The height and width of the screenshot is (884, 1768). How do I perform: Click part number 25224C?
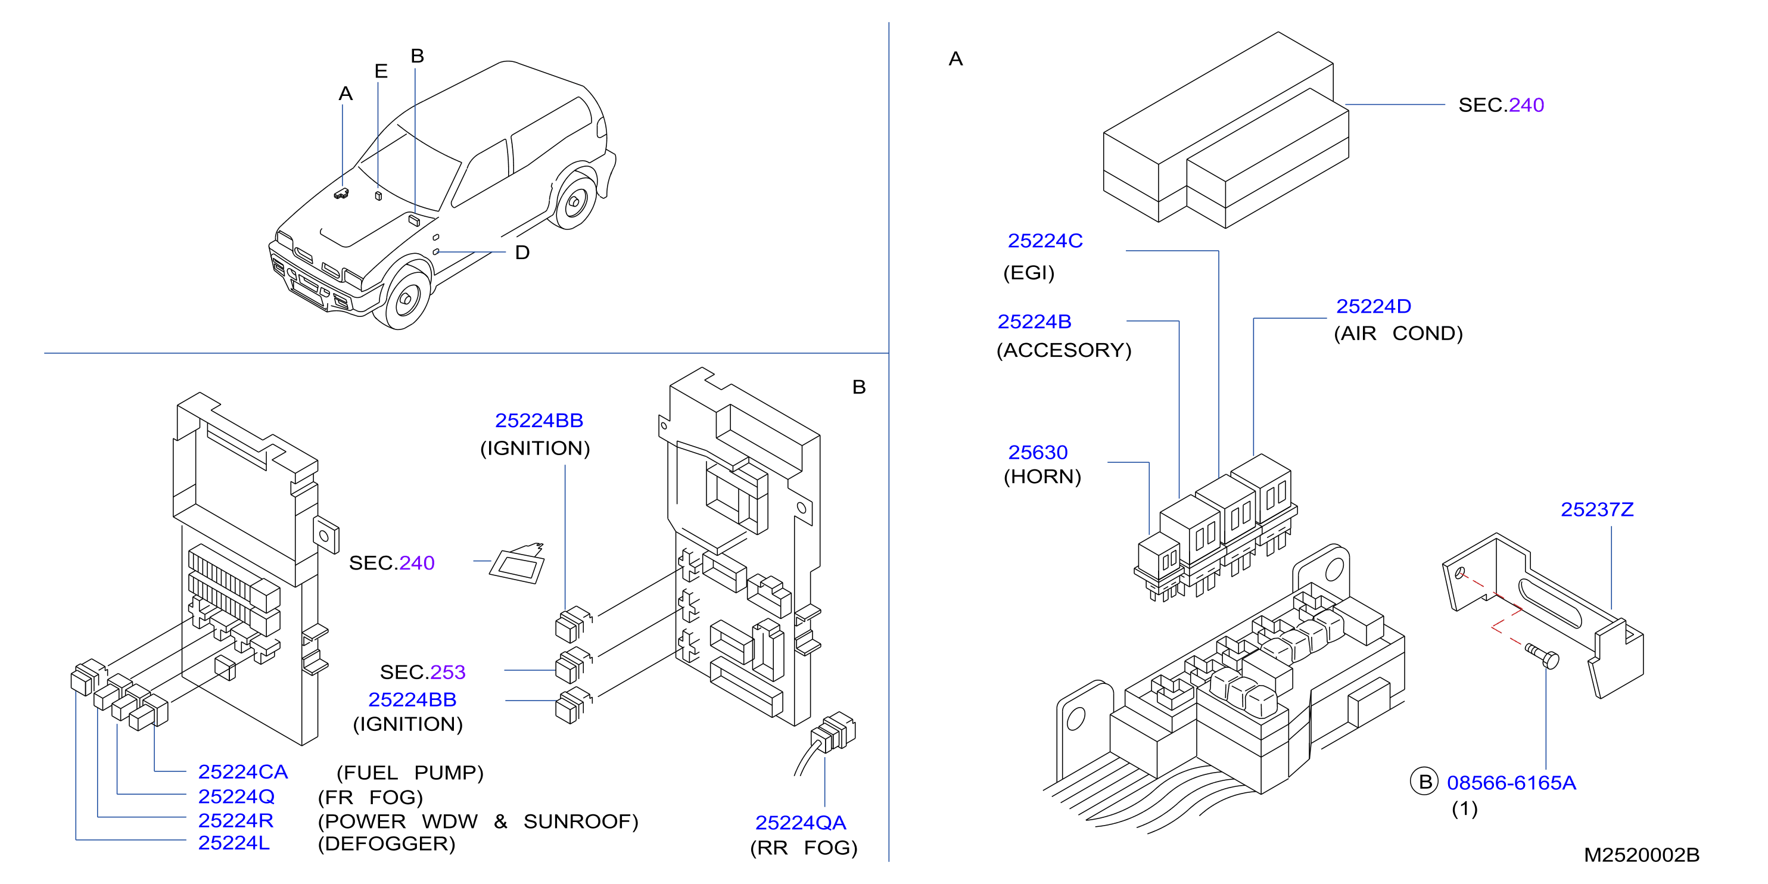click(x=1045, y=241)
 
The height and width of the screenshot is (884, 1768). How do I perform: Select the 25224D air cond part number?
click(x=1374, y=306)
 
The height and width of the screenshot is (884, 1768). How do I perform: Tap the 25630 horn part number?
click(x=1038, y=452)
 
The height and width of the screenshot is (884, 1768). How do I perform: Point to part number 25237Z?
click(x=1597, y=509)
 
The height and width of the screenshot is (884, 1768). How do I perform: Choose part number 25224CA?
click(x=243, y=771)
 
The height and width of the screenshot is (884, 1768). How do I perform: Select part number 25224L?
click(x=234, y=842)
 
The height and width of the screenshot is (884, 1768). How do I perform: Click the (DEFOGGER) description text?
click(x=387, y=843)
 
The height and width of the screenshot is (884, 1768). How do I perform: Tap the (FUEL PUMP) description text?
click(x=410, y=773)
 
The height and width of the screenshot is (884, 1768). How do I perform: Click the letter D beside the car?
click(x=522, y=253)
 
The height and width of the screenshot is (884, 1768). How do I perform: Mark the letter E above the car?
click(x=381, y=71)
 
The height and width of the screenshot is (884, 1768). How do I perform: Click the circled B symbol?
click(x=1424, y=781)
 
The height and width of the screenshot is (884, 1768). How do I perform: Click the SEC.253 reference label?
click(x=423, y=672)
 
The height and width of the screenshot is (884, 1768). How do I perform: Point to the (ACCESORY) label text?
click(x=1064, y=350)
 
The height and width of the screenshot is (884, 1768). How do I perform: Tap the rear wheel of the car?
click(x=574, y=200)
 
